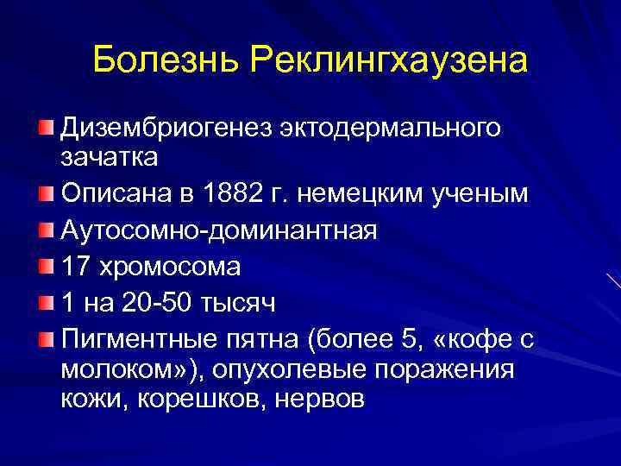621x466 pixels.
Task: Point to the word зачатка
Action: (109, 159)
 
